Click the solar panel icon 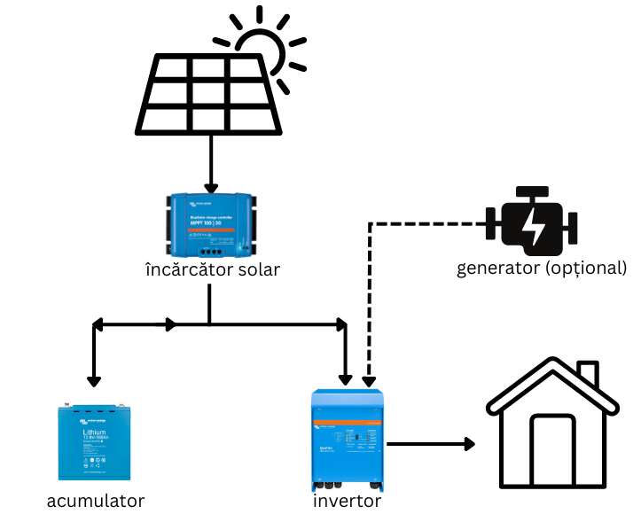tap(210, 94)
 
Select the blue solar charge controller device tap(211, 222)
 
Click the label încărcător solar tap(211, 269)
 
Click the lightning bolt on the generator tap(534, 226)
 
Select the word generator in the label tap(497, 268)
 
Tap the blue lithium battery tap(95, 444)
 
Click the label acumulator tap(95, 501)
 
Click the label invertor tap(347, 501)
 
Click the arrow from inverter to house tap(431, 441)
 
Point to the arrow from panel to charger tap(211, 164)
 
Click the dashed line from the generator tap(370, 292)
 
